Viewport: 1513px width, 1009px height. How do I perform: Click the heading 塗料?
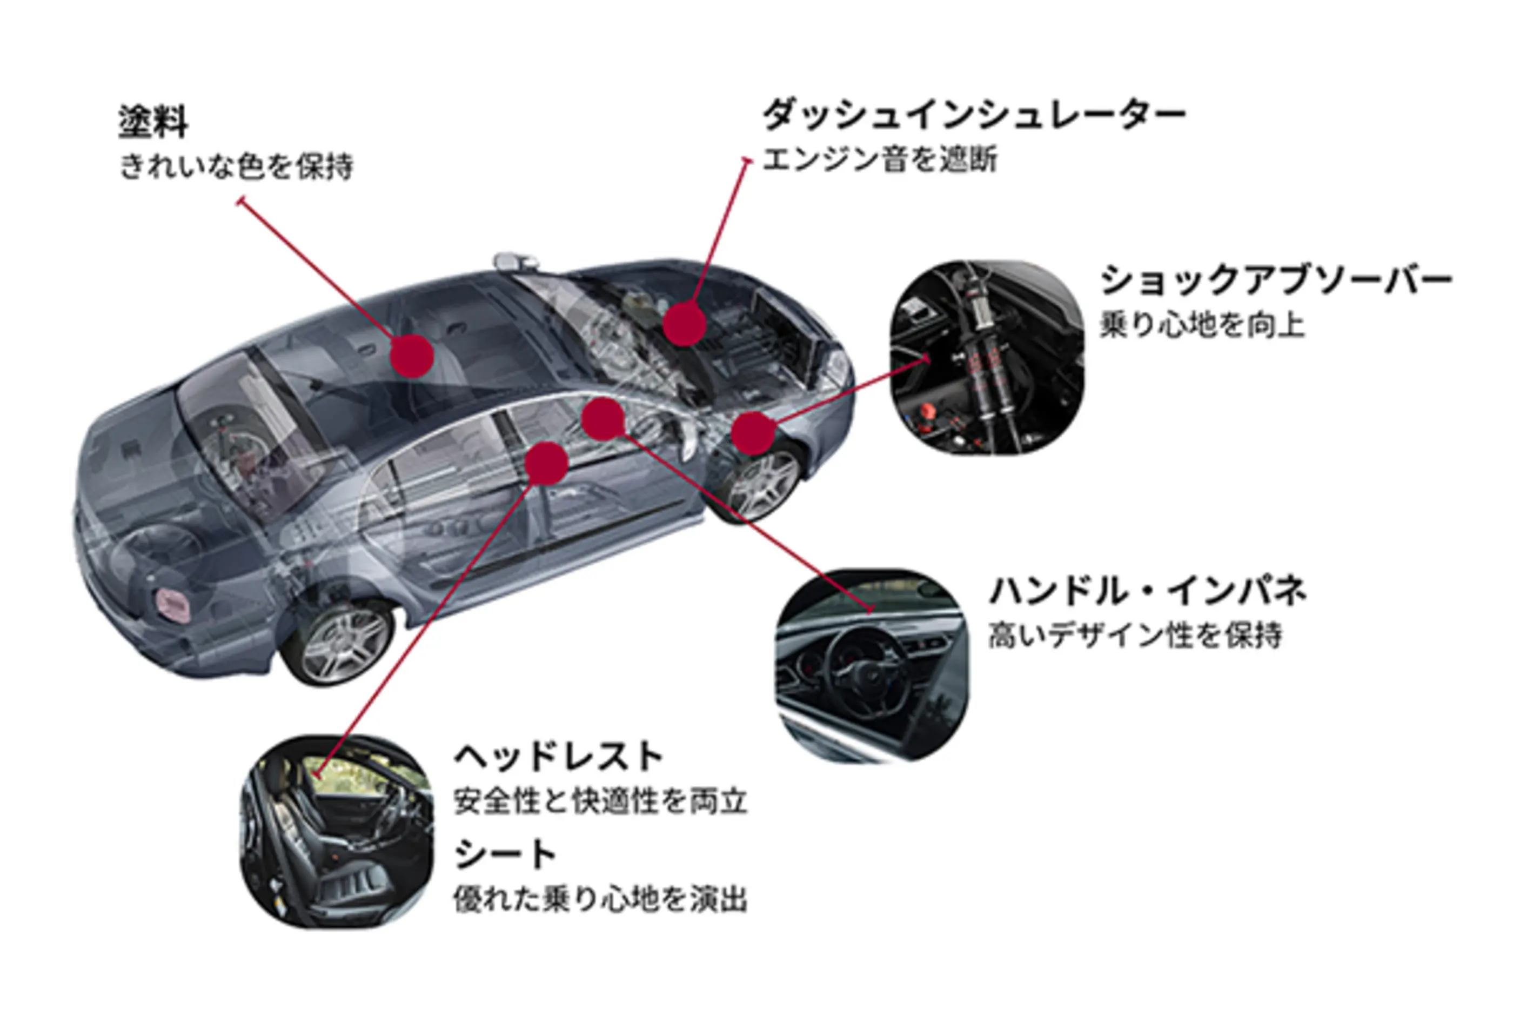pos(153,122)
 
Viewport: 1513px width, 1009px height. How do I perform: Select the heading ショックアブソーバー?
pos(1276,280)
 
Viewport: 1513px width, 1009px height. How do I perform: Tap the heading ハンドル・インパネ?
pos(1148,591)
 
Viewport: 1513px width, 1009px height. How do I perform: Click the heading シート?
pos(506,855)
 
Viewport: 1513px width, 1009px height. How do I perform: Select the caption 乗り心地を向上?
pos(1202,324)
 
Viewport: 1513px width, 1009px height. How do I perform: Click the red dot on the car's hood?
pos(685,325)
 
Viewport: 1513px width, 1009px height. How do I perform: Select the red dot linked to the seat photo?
pos(546,463)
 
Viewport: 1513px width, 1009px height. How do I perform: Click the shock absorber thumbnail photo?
pos(987,357)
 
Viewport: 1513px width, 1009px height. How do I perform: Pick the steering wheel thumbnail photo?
pos(872,665)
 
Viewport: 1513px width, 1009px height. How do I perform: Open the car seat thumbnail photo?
pos(337,831)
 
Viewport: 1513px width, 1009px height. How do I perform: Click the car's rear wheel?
pos(339,644)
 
